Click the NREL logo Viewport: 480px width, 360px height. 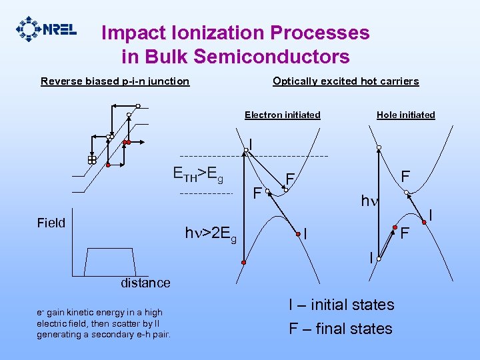(46, 29)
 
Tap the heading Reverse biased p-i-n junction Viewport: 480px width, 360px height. (115, 81)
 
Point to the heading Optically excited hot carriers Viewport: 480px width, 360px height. (345, 81)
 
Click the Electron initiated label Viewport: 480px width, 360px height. (282, 115)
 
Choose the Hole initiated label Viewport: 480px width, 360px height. (405, 115)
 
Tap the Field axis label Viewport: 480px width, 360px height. (51, 223)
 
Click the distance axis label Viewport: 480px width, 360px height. (145, 283)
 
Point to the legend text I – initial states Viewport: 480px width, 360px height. (341, 305)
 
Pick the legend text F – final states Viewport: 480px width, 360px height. (340, 329)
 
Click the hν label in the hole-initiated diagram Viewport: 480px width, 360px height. (368, 201)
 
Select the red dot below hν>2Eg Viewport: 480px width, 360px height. (244, 264)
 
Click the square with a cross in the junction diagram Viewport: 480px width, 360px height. (92, 160)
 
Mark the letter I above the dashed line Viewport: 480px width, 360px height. (250, 143)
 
